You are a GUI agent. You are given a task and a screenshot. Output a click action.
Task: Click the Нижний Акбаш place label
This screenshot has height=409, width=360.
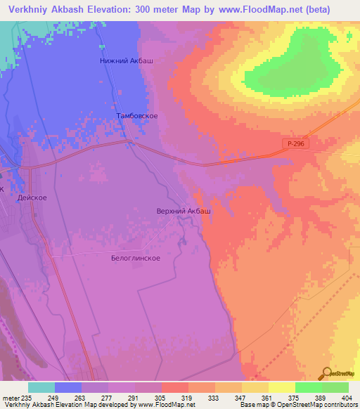pos(128,61)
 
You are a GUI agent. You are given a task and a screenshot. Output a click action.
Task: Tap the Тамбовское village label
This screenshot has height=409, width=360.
pos(136,115)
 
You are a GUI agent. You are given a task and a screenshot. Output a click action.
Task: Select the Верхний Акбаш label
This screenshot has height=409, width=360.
pos(183,210)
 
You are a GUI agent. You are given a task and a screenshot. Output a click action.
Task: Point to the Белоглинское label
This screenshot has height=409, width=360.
pos(136,258)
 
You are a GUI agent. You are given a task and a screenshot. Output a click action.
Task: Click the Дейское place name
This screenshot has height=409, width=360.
pos(32,198)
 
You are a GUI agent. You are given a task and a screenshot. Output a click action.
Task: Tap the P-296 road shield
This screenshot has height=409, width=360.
pos(297,143)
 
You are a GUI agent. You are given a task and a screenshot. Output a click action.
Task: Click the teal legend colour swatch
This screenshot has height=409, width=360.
pos(41,387)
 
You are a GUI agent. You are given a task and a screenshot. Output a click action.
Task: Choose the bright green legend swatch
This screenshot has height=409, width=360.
pos(309,387)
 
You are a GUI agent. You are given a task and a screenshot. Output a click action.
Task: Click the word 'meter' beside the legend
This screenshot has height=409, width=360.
pos(10,397)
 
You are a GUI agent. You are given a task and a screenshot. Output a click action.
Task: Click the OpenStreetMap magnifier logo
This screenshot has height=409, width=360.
pos(326,372)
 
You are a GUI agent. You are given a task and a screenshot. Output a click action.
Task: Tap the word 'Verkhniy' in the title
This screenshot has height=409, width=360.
pos(32,10)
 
